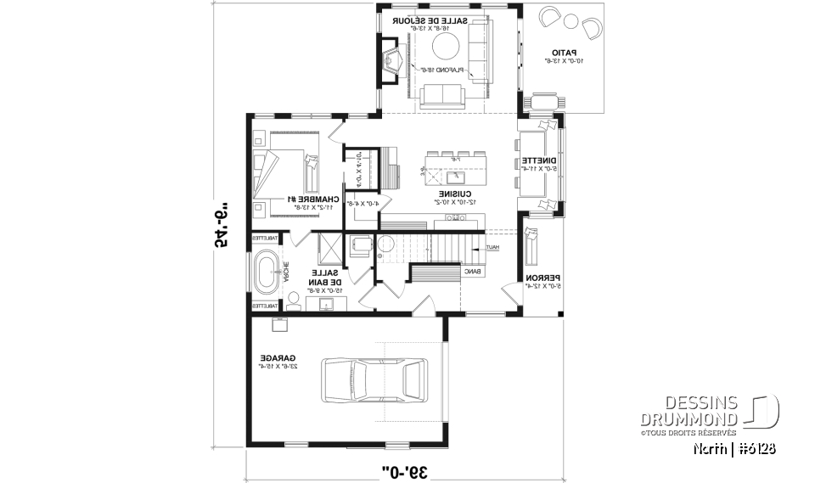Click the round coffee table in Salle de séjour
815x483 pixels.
(447, 46)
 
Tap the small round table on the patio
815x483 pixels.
(570, 22)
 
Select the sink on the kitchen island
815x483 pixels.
(452, 177)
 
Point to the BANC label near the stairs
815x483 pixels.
(472, 272)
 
